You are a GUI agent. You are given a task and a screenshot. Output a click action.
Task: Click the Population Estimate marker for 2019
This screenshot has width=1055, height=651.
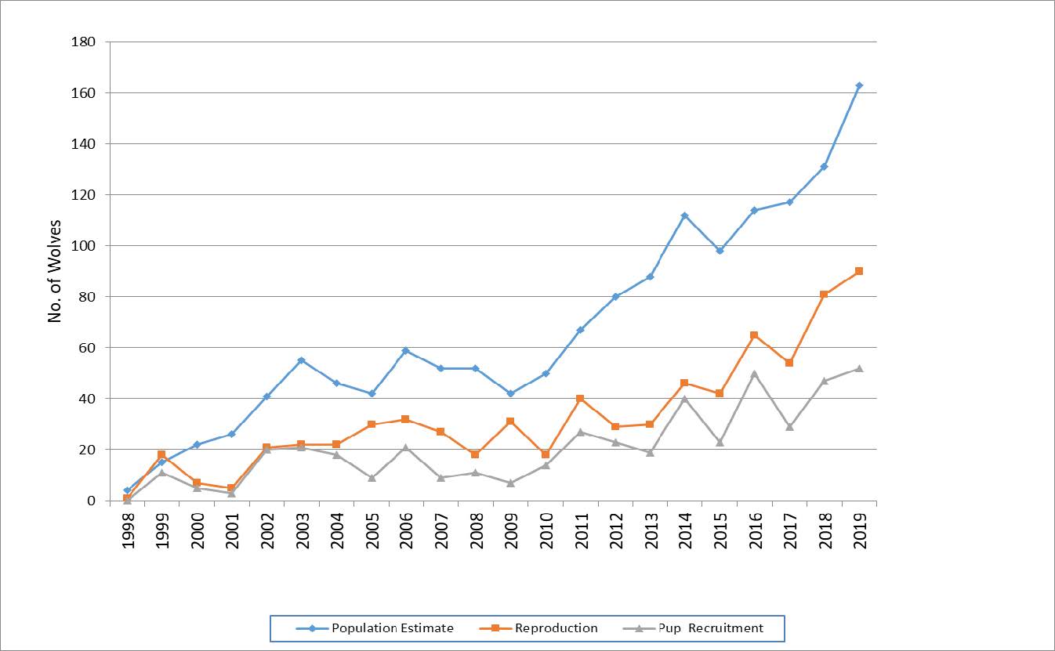pos(859,85)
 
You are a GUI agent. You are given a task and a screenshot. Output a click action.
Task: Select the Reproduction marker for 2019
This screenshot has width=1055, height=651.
pos(859,271)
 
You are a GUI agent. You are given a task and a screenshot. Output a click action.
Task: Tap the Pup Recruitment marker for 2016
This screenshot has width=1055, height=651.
pos(754,374)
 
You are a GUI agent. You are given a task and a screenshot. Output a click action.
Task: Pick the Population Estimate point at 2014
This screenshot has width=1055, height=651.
pos(684,215)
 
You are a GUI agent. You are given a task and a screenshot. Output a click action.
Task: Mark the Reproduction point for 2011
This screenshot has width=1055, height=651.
pos(580,399)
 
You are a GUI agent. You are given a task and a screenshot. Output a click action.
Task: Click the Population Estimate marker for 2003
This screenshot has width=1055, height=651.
pos(301,360)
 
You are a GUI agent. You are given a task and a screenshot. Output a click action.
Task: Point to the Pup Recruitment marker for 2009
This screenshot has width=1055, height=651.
pos(510,483)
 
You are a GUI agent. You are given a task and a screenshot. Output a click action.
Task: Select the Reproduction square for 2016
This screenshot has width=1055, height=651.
pos(754,335)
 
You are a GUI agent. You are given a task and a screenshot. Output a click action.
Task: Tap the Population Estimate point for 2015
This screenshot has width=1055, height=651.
pos(720,251)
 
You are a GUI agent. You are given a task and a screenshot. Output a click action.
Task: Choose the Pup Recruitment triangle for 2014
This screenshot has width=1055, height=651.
pos(684,399)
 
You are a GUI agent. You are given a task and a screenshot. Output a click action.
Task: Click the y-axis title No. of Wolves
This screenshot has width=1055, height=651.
pos(55,271)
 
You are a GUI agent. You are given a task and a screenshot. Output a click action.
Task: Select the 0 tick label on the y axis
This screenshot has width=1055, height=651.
pos(92,501)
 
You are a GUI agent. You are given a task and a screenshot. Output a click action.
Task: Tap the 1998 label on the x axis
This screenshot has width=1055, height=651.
pos(128,531)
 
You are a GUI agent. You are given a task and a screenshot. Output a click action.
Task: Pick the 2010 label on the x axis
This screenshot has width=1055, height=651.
pos(546,531)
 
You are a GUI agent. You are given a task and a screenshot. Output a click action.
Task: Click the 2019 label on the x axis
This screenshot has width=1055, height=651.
pos(860,531)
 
